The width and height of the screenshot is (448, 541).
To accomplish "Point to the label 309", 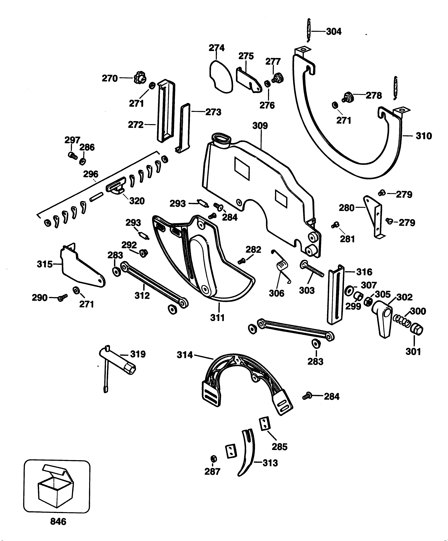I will [x=260, y=126].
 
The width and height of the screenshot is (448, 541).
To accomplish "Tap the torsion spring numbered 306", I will [x=282, y=268].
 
